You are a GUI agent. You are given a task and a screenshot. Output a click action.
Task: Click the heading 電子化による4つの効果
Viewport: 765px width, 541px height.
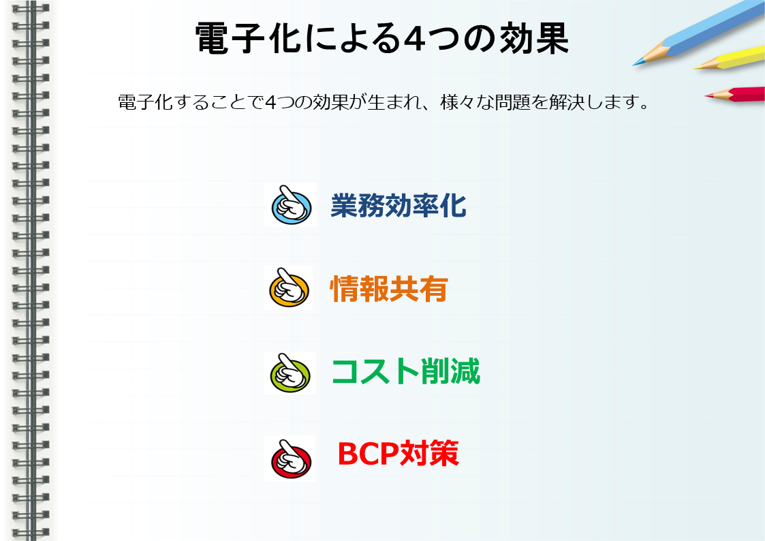click(x=382, y=38)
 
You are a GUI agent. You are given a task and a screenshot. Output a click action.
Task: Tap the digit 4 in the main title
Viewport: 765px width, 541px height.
click(x=415, y=39)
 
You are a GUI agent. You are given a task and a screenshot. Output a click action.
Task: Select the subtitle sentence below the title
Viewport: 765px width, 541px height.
click(x=384, y=102)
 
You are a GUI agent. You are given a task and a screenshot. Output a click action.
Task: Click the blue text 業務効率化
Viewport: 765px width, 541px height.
click(x=398, y=205)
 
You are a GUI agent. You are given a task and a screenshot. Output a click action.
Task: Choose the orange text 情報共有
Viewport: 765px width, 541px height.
click(x=389, y=289)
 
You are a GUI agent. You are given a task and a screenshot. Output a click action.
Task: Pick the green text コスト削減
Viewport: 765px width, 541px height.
click(x=406, y=371)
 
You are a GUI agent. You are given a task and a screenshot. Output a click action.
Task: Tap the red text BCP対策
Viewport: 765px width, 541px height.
click(x=398, y=454)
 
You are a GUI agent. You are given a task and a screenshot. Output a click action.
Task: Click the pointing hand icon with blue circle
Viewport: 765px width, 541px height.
click(x=291, y=205)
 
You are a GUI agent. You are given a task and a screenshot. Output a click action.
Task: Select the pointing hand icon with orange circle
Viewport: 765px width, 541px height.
click(x=289, y=288)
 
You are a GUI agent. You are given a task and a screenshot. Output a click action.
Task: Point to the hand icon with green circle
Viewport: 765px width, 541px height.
click(x=290, y=373)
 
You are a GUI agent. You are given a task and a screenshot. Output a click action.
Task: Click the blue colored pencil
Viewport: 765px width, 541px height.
click(x=699, y=33)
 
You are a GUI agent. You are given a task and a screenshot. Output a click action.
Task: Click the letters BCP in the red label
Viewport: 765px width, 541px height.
click(x=368, y=454)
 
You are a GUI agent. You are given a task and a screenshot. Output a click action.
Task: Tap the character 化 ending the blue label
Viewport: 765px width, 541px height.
click(x=453, y=205)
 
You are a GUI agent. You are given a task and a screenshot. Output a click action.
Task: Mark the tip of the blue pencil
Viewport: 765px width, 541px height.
click(x=634, y=65)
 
